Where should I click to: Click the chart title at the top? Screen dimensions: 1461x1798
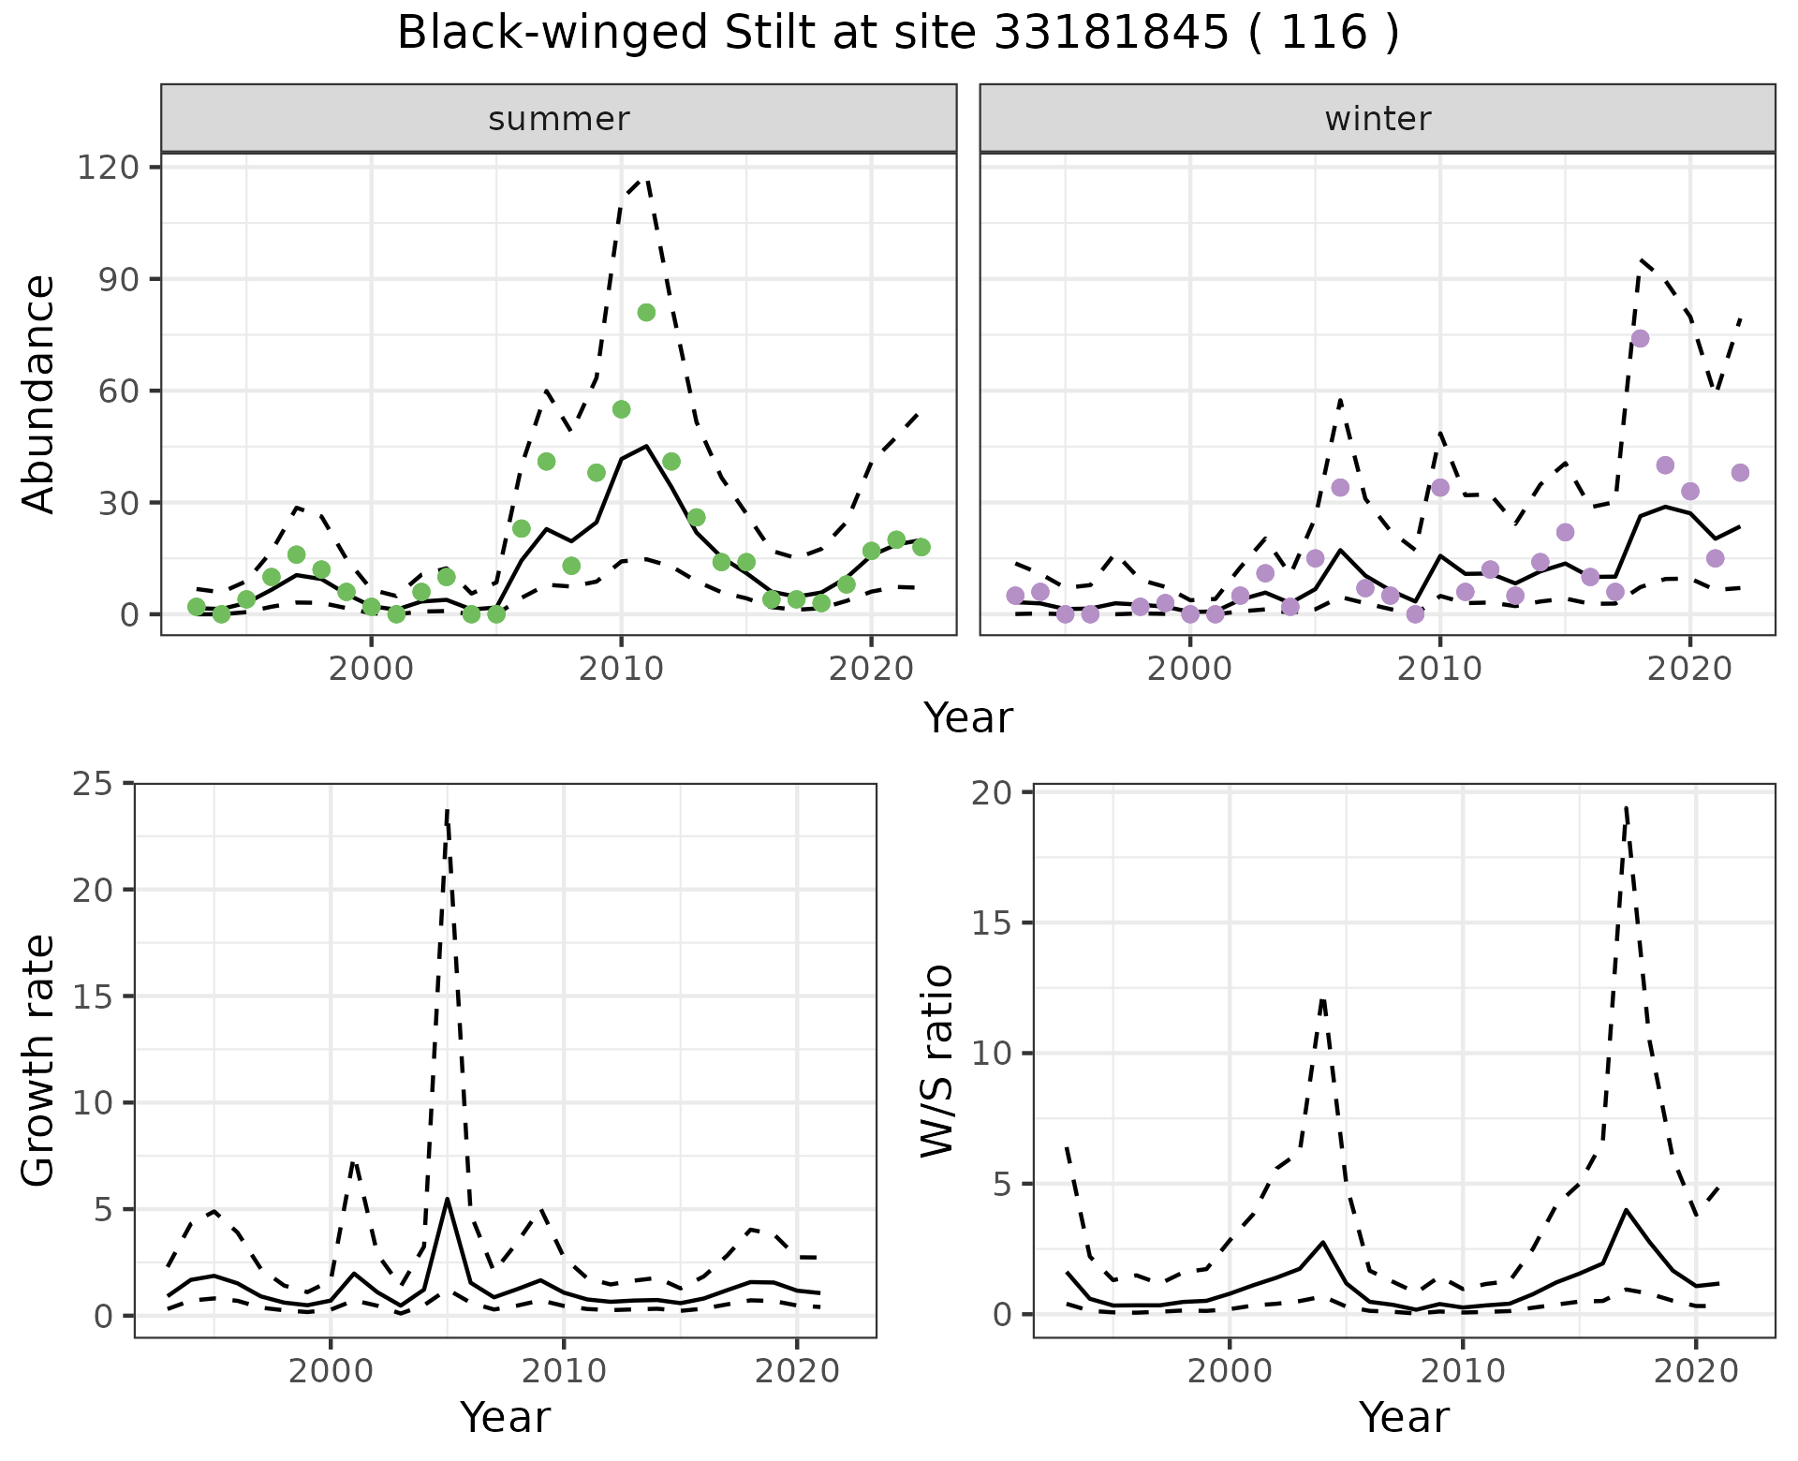[x=898, y=34]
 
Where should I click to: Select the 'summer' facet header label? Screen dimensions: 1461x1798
[x=559, y=119]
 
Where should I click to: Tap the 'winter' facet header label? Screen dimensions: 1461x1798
[x=1378, y=119]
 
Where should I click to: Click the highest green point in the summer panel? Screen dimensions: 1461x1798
[x=646, y=313]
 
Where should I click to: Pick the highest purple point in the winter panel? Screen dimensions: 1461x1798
[x=1640, y=338]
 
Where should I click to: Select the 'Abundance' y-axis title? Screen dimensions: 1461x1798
[x=39, y=393]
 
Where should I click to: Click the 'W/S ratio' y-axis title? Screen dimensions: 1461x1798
[x=937, y=1060]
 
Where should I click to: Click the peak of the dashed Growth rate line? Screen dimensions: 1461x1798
[x=448, y=811]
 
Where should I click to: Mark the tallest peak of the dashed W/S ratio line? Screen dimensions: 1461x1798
[x=1627, y=807]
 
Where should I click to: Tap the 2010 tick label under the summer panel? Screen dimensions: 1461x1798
[x=621, y=669]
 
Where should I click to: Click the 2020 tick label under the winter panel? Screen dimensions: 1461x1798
[x=1689, y=669]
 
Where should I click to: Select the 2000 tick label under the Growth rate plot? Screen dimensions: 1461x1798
[x=330, y=1371]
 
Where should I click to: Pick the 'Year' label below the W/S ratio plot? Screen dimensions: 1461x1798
[x=1404, y=1418]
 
